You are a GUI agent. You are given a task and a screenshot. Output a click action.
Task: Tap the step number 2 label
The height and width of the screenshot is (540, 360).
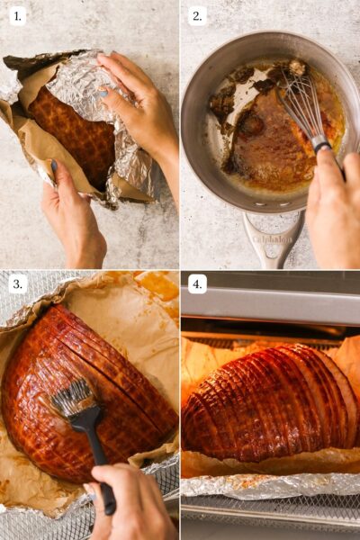[198, 15]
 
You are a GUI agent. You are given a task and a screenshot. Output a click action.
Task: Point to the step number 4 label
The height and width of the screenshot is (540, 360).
[198, 284]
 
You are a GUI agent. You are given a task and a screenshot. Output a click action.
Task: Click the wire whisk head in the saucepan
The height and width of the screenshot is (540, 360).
[301, 103]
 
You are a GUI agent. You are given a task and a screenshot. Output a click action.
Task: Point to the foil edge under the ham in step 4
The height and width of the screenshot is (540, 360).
[270, 486]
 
